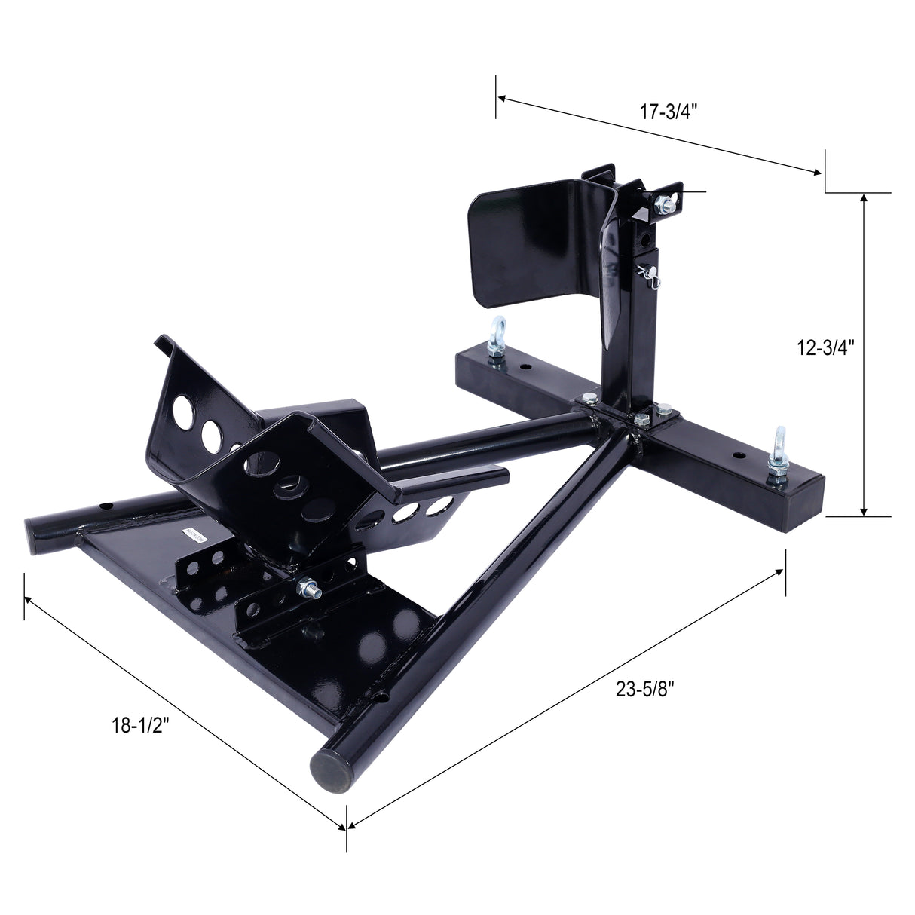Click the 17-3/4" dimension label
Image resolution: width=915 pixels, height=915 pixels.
[x=669, y=112]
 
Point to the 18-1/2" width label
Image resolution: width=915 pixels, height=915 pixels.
[x=141, y=725]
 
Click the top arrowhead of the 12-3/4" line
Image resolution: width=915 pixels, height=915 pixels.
[x=864, y=197]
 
